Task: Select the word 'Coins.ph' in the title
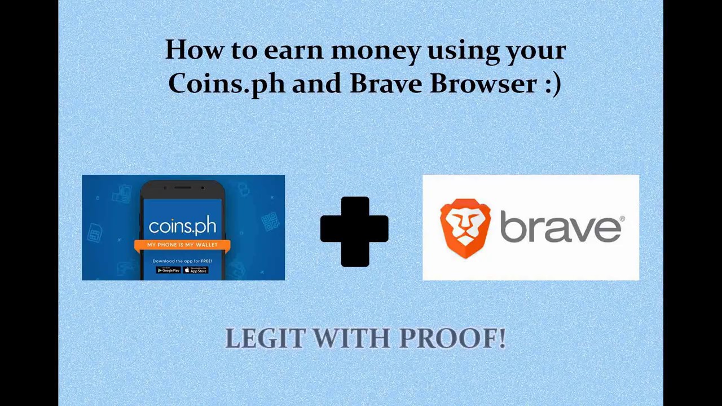pos(226,84)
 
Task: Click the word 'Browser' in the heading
pos(483,83)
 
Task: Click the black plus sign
pos(354,231)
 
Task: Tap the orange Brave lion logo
pos(465,228)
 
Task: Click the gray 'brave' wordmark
pos(560,227)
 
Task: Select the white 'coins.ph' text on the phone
pos(182,226)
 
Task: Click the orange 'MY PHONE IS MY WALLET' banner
pos(182,245)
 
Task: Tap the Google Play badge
pos(168,270)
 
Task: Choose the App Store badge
pos(196,270)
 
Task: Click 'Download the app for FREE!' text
pos(182,261)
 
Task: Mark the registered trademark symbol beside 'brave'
pos(622,219)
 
